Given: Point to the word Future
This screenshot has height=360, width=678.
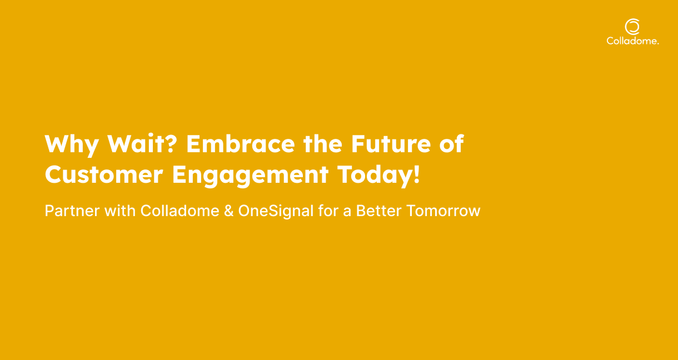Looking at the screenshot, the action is pyautogui.click(x=391, y=144).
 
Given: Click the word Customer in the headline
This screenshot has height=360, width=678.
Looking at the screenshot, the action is pyautogui.click(x=104, y=174).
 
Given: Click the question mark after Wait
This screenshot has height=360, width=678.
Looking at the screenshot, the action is pyautogui.click(x=171, y=143).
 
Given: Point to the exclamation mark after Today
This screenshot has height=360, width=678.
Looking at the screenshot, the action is pyautogui.click(x=416, y=174).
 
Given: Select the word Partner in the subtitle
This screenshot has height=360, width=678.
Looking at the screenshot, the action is pyautogui.click(x=72, y=211).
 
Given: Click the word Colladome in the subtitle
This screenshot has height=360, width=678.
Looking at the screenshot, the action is pyautogui.click(x=180, y=211).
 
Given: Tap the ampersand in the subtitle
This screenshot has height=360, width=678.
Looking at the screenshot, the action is pyautogui.click(x=229, y=211).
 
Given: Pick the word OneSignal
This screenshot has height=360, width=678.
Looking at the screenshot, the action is pyautogui.click(x=276, y=212).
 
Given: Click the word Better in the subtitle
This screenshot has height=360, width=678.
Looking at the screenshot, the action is pyautogui.click(x=378, y=211).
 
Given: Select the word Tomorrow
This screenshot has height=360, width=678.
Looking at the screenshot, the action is pyautogui.click(x=443, y=211).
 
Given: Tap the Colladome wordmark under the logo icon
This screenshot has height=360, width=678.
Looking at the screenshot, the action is pyautogui.click(x=632, y=41).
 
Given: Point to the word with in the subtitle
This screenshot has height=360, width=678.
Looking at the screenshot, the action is pyautogui.click(x=120, y=211).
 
